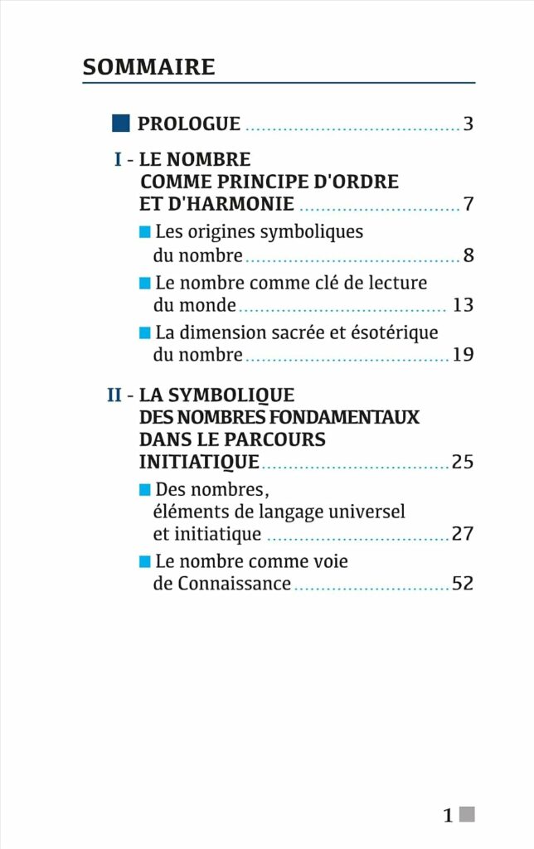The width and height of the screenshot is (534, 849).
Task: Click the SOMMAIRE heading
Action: (x=149, y=66)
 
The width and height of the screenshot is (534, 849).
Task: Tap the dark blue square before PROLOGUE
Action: (x=121, y=123)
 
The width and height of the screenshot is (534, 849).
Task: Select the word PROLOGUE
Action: (x=189, y=124)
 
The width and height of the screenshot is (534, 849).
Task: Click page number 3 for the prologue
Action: (x=468, y=124)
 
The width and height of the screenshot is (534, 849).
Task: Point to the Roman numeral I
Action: (x=118, y=159)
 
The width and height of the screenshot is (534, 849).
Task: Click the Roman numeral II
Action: (x=114, y=395)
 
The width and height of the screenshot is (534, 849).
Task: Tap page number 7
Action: (x=468, y=204)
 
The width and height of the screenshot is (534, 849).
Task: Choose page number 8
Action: (x=468, y=255)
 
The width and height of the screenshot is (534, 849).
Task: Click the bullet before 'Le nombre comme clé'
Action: (x=144, y=283)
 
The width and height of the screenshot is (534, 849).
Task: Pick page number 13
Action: (x=463, y=304)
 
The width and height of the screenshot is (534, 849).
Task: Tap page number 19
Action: (x=463, y=354)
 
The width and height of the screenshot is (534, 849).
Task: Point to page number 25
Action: (x=463, y=462)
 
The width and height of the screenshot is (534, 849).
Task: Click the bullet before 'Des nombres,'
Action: (x=144, y=489)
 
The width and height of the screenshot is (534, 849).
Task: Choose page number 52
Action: (x=463, y=583)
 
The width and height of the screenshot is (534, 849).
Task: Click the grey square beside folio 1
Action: (x=468, y=814)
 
